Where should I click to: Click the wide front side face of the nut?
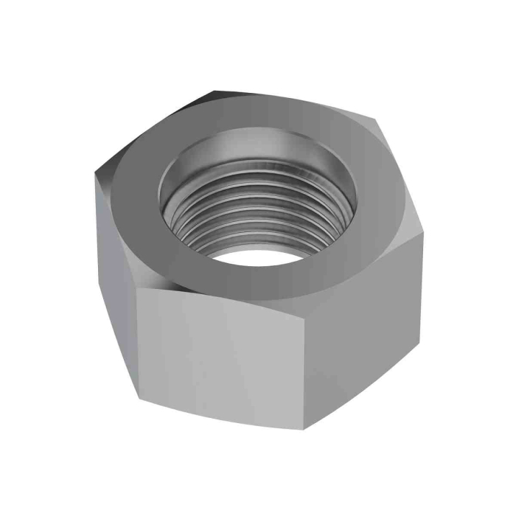pos(221,354)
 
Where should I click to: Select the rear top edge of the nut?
pos(295,100)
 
